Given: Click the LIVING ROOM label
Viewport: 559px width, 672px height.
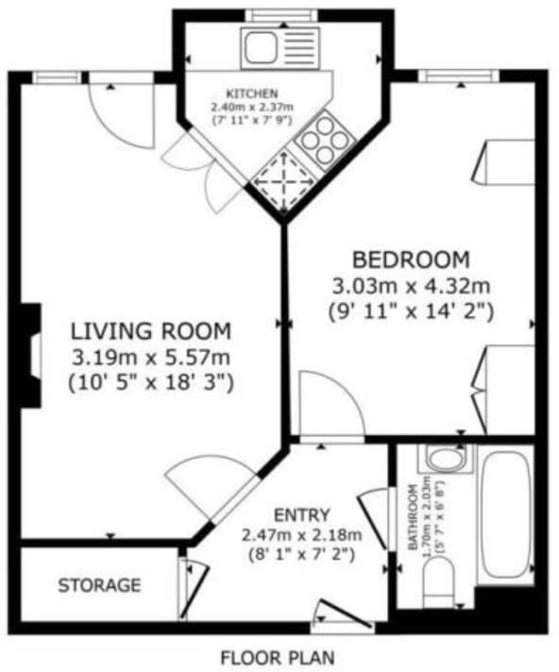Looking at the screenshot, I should (151, 331).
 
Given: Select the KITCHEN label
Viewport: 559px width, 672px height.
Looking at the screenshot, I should (250, 93).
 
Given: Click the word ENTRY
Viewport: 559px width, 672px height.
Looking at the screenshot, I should (302, 515).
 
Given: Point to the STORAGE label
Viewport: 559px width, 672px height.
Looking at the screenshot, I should (99, 585).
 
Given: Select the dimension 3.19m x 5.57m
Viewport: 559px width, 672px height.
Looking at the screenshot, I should (151, 358).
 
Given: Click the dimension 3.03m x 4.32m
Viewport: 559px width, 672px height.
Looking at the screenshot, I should (410, 285).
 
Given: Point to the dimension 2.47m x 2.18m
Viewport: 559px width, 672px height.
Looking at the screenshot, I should (302, 536).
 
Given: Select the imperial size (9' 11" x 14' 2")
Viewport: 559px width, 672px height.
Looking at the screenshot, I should (410, 310).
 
